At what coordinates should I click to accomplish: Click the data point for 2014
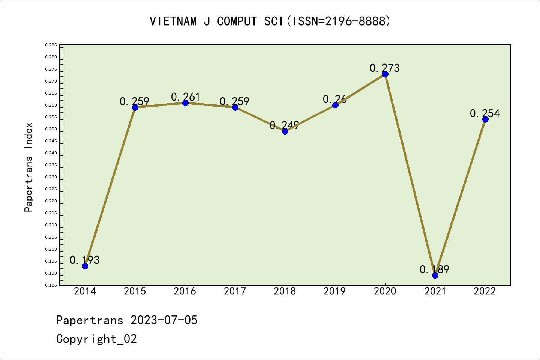85,266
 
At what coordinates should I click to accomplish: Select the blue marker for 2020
385,74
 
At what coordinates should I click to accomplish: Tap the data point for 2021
435,275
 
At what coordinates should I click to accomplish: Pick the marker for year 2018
285,131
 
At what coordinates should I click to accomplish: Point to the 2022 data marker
485,119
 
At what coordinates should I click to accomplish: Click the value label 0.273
384,68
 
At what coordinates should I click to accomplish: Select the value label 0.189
434,269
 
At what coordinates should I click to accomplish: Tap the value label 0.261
186,97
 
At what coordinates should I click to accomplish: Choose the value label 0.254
484,113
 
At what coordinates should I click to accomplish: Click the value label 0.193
84,260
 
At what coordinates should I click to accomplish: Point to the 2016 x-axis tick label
185,291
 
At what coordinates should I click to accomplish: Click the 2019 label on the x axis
335,291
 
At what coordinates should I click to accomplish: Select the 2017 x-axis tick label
235,291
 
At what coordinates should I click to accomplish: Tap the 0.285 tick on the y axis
51,45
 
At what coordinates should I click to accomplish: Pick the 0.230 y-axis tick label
51,177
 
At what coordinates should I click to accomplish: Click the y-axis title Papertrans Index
28,167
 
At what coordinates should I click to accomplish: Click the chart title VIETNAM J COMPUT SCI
270,21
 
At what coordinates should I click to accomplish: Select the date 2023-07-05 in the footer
164,320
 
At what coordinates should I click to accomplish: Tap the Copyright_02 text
96,339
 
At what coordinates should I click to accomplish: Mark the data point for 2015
135,107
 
